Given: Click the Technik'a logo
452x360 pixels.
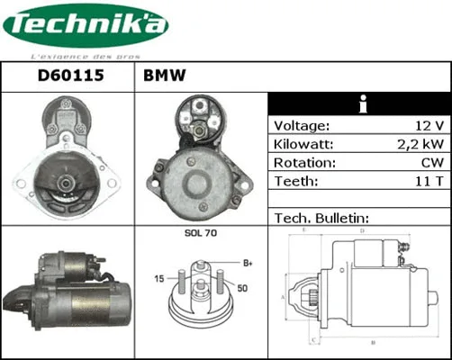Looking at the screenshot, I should tap(86, 28).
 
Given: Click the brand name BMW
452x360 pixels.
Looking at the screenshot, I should tap(164, 76).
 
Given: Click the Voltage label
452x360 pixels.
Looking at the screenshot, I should tap(302, 125).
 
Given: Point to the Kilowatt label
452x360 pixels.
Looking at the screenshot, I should tap(303, 144).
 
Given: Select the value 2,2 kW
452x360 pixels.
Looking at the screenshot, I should tap(420, 144).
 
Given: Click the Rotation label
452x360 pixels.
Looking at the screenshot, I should tap(303, 163).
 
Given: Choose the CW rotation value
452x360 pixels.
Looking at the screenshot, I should tap(430, 163).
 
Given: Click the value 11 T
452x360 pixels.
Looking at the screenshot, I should tap(428, 182).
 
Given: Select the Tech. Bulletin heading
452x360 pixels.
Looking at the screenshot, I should tap(320, 219).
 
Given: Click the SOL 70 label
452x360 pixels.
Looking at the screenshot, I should tap(200, 234).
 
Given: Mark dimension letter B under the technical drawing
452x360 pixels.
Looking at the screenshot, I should tap(373, 344).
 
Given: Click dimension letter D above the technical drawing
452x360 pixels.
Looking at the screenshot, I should tap(361, 231).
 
